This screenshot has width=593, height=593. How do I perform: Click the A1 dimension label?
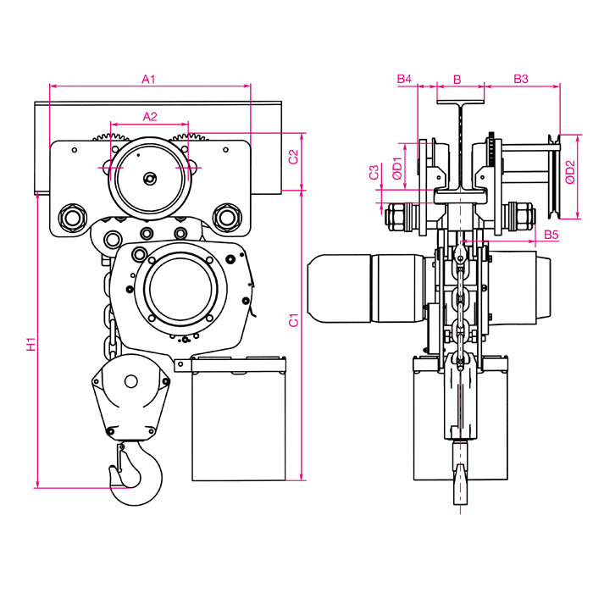149,79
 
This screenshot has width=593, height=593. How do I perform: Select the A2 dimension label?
150,116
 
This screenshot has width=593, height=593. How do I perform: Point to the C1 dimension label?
294,321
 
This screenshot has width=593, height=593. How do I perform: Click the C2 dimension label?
294,157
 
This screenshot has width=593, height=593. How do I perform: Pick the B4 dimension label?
404,79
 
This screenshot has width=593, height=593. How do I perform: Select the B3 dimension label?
521,79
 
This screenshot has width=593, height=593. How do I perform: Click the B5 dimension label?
551,233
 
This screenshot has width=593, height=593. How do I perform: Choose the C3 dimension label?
374,173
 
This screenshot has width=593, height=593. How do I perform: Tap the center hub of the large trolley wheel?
150,178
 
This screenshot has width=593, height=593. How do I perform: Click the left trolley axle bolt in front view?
69,217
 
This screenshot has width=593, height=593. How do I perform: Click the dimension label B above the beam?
457,79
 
